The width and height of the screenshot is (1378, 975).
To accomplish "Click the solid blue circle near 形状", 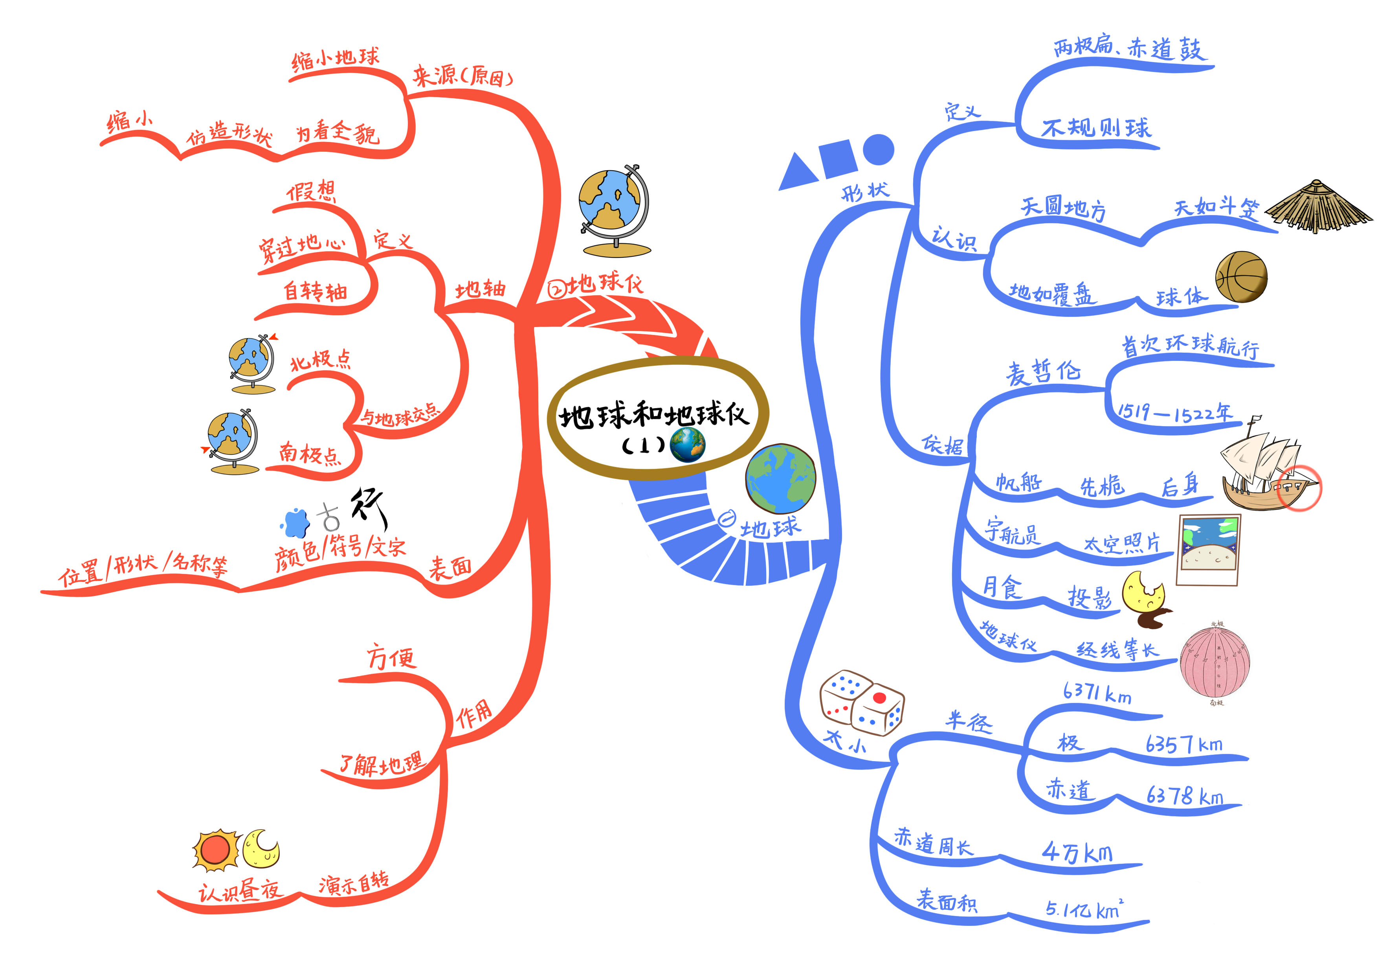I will click(878, 149).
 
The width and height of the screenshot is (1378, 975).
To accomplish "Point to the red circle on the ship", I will click(1299, 488).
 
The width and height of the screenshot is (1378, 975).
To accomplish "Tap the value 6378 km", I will click(1184, 796).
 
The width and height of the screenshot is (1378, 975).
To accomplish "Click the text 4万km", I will click(1077, 852).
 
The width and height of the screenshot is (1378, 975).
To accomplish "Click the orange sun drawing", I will click(215, 850).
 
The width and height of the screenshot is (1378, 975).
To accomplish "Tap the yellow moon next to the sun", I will click(262, 848).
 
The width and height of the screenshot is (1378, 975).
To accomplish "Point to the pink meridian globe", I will click(1215, 663).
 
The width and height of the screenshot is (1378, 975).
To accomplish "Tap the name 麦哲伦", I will click(1044, 372).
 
